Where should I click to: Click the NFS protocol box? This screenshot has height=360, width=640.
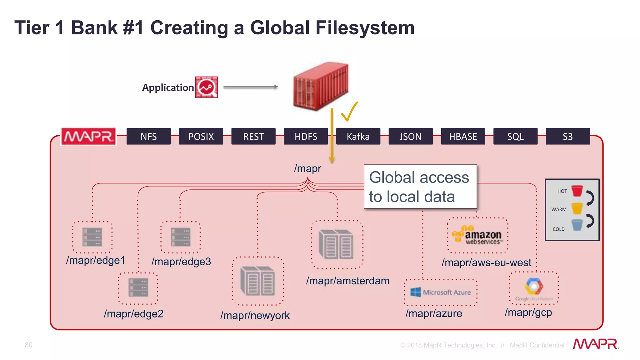tap(148, 137)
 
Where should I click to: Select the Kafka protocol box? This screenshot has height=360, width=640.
tap(358, 137)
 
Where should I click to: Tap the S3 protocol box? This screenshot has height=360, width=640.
tap(567, 137)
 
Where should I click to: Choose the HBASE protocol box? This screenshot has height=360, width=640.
tap(463, 137)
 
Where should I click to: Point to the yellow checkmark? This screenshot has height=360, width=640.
tap(349, 112)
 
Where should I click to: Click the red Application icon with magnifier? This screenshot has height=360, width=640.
tap(206, 87)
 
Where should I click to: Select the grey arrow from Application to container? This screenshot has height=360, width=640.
tap(250, 87)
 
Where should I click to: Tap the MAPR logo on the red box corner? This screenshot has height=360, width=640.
tap(88, 137)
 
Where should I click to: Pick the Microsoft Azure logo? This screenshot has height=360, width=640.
tap(441, 292)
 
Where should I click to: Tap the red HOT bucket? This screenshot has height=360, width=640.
tap(577, 191)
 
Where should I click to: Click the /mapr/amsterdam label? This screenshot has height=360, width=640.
tap(347, 281)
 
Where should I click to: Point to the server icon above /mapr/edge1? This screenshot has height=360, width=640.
tap(92, 237)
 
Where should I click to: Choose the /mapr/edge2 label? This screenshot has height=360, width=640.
tap(133, 313)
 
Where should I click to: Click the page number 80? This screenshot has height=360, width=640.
tap(28, 345)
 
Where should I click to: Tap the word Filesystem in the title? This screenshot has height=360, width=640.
tap(365, 28)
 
